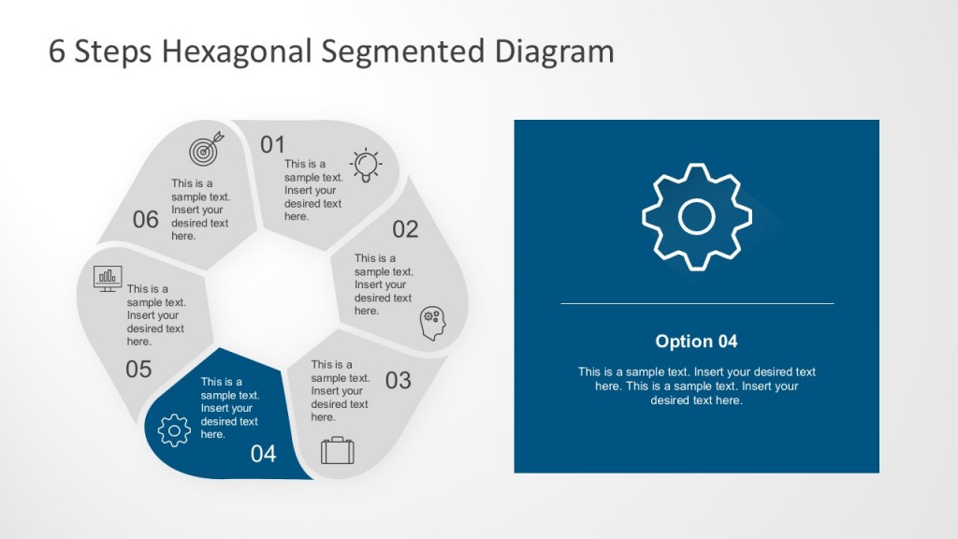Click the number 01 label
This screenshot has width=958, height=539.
click(x=272, y=144)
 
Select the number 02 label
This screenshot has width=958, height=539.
click(x=405, y=229)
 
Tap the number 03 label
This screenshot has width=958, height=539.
click(x=398, y=380)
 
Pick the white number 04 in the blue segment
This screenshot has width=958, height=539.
click(x=264, y=454)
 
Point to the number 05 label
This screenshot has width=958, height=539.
click(x=138, y=369)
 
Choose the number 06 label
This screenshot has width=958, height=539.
click(x=146, y=220)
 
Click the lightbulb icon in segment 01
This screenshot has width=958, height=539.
click(x=366, y=164)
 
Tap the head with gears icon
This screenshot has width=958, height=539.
click(x=432, y=323)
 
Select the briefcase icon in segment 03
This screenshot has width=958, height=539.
click(x=337, y=451)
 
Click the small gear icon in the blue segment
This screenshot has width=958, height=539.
click(x=174, y=430)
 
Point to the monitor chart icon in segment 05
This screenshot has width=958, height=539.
click(x=109, y=277)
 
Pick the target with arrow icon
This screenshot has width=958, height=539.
click(x=206, y=150)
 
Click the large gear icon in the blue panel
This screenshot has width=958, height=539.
click(x=697, y=217)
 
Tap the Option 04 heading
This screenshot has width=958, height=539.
click(x=696, y=342)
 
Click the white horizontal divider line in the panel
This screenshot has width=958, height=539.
click(x=697, y=303)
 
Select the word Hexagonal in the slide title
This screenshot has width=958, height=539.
click(x=239, y=51)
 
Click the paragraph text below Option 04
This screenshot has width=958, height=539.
click(x=696, y=386)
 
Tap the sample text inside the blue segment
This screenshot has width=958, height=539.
click(x=229, y=408)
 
